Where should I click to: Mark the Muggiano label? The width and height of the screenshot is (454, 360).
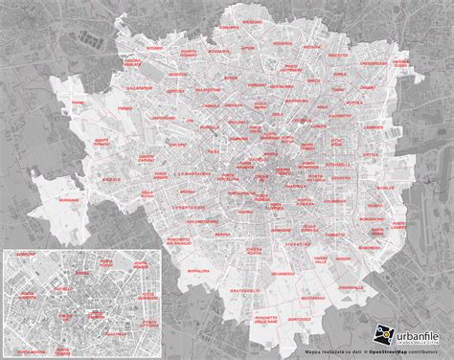point(69,200)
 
